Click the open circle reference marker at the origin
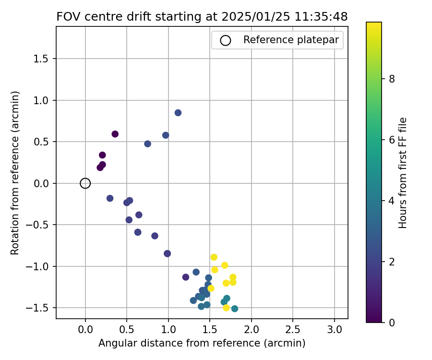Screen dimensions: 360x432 coord(85,183)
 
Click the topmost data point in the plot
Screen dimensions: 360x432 coord(178,113)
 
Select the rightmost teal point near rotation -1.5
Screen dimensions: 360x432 coord(235,309)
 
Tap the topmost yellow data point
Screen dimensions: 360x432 coord(214,257)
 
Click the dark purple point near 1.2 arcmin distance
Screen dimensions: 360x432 coord(186,277)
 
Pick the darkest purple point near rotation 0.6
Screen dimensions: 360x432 coord(115,134)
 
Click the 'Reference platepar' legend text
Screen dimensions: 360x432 coord(291,40)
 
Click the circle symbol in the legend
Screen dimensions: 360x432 coord(226,40)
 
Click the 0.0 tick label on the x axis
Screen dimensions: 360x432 coord(85,330)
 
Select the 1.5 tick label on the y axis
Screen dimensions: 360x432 coord(44,59)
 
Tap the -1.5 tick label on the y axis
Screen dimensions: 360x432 coord(42,308)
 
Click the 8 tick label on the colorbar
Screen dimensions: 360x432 coord(392,79)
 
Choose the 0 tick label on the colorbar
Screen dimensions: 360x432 coord(392,323)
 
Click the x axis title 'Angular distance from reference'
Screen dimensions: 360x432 coord(202,343)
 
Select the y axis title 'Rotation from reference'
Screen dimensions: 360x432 coord(15,173)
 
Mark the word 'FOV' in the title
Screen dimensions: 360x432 coord(67,16)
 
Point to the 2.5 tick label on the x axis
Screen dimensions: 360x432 coord(293,330)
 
